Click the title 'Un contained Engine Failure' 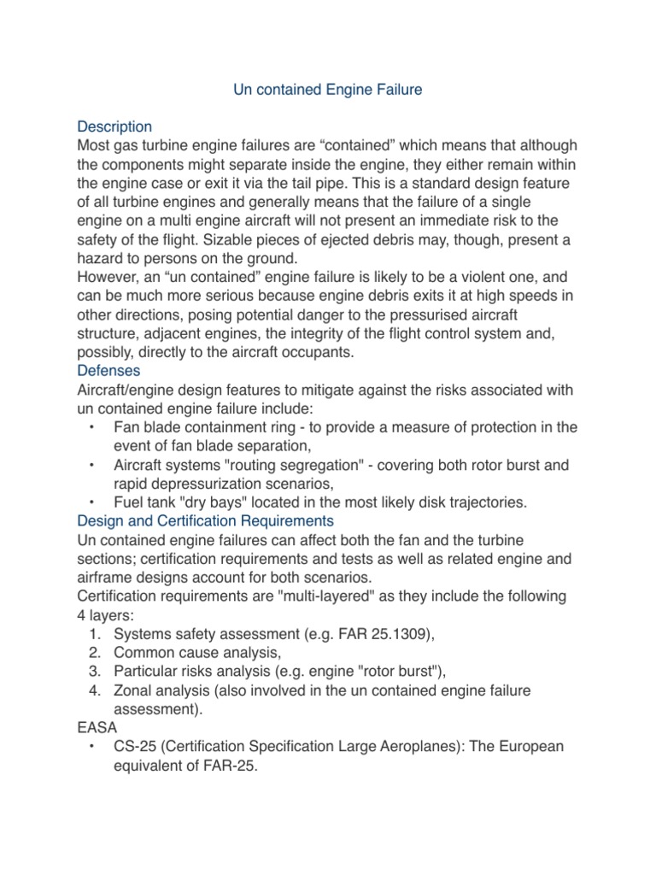328,89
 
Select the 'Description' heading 114,126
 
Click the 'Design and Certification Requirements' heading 205,520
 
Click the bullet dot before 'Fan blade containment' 91,426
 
